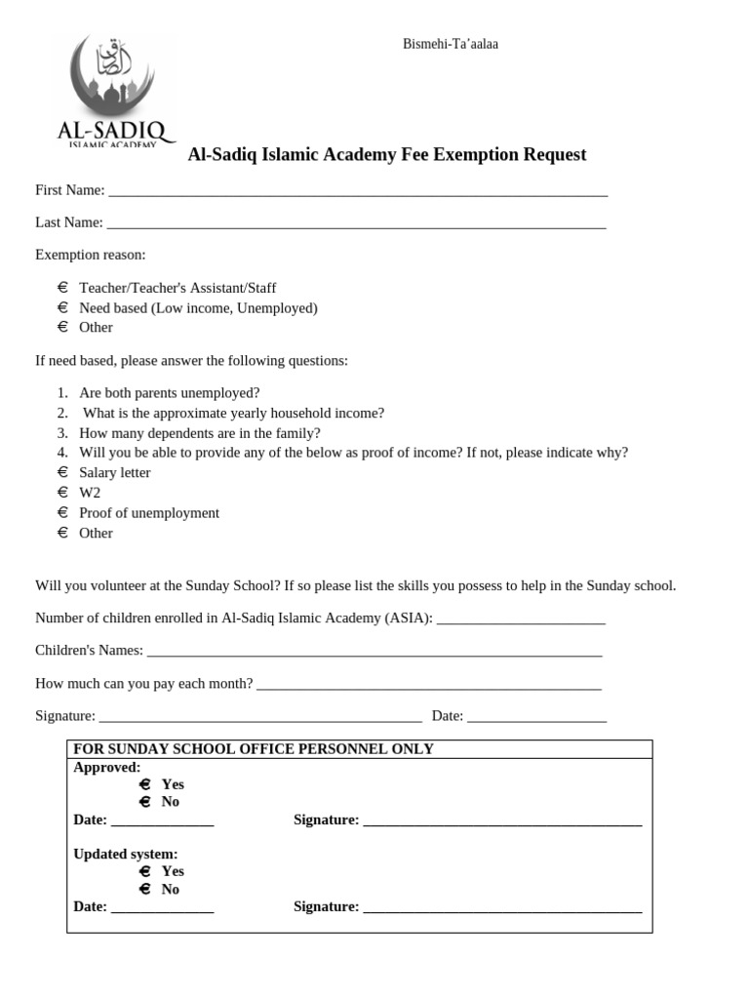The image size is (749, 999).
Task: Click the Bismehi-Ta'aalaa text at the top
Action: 451,44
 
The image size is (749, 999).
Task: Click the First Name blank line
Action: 357,191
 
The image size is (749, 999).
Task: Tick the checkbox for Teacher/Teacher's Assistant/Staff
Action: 62,288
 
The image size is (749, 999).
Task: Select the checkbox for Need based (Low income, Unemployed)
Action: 62,307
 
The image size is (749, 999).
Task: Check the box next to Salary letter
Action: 62,472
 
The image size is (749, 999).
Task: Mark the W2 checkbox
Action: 62,493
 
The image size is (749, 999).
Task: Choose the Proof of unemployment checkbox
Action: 62,512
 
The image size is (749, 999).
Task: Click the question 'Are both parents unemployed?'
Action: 169,393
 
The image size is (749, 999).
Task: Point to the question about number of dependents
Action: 200,433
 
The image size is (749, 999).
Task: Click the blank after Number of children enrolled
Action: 521,619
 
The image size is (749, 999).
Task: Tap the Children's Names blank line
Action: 374,651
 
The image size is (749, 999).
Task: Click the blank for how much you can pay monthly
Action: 429,684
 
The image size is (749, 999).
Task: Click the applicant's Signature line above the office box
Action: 260,716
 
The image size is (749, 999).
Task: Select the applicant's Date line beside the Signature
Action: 536,716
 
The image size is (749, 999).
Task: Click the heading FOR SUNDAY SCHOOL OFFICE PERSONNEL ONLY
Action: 254,749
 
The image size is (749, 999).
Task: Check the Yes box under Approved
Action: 144,784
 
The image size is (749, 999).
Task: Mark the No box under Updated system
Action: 144,889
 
